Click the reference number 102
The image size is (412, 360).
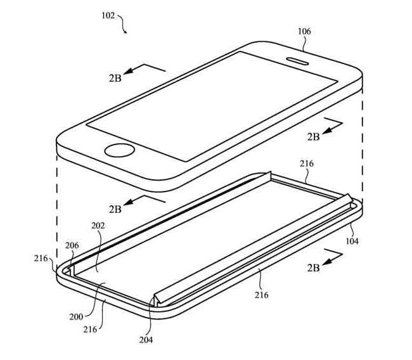pyautogui.click(x=108, y=15)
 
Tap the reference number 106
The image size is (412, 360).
pyautogui.click(x=304, y=32)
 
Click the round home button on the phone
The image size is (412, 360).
pyautogui.click(x=120, y=151)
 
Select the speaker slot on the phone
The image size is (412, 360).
pyautogui.click(x=297, y=61)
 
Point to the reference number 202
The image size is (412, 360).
pyautogui.click(x=98, y=226)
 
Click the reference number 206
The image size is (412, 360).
pyautogui.click(x=72, y=245)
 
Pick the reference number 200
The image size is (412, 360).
pyautogui.click(x=76, y=317)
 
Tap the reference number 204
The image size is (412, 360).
pyautogui.click(x=146, y=340)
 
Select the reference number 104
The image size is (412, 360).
pyautogui.click(x=352, y=241)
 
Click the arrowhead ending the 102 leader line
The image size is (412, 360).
pyautogui.click(x=126, y=32)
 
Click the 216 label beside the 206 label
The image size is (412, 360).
pyautogui.click(x=41, y=259)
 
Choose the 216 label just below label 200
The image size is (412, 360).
pyautogui.click(x=91, y=330)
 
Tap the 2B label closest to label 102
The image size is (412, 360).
pyautogui.click(x=115, y=79)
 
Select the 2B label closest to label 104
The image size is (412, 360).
pyautogui.click(x=314, y=267)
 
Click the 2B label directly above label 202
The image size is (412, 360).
pyautogui.click(x=115, y=209)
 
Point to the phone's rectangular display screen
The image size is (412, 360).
pyautogui.click(x=212, y=106)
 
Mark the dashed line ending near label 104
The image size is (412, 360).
pyautogui.click(x=363, y=146)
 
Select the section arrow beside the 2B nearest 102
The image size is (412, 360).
pyautogui.click(x=144, y=69)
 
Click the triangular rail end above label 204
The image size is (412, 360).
pyautogui.click(x=157, y=300)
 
